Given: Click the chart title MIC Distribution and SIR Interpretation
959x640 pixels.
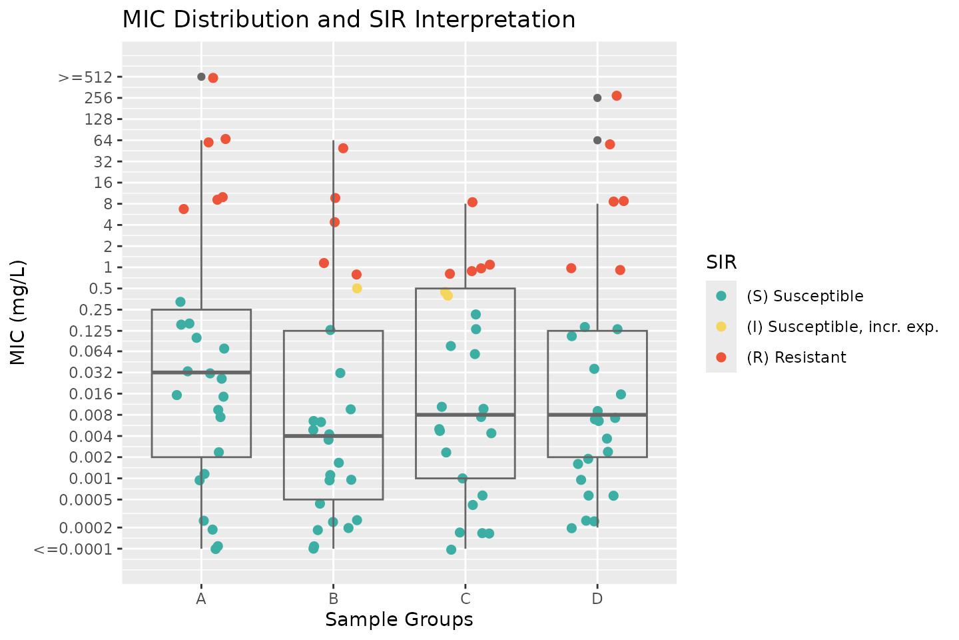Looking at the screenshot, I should (x=348, y=20).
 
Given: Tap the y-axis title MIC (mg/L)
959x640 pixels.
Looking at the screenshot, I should (x=18, y=312).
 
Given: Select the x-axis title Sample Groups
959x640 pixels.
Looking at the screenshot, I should (x=399, y=619).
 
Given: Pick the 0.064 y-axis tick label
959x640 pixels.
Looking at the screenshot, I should (x=96, y=352).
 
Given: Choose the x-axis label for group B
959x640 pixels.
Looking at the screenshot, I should (x=333, y=598).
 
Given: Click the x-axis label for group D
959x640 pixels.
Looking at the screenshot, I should (x=597, y=598).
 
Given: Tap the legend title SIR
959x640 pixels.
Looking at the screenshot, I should (x=721, y=263).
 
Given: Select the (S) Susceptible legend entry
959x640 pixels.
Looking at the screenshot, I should (x=804, y=296).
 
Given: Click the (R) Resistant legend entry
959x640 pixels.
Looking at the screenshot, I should (x=796, y=357).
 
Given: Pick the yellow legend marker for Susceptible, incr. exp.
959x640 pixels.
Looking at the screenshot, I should (x=721, y=327).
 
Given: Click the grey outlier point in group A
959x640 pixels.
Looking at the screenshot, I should (x=201, y=77).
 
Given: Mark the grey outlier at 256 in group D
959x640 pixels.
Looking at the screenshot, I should (x=597, y=98).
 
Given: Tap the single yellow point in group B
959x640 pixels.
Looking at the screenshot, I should (x=357, y=289).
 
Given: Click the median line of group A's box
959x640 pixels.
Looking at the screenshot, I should (x=201, y=372).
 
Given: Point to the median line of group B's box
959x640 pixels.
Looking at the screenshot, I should (x=333, y=436).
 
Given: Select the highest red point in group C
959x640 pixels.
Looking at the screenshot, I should (x=472, y=202).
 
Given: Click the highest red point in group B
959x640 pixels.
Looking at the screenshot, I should (x=343, y=148).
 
